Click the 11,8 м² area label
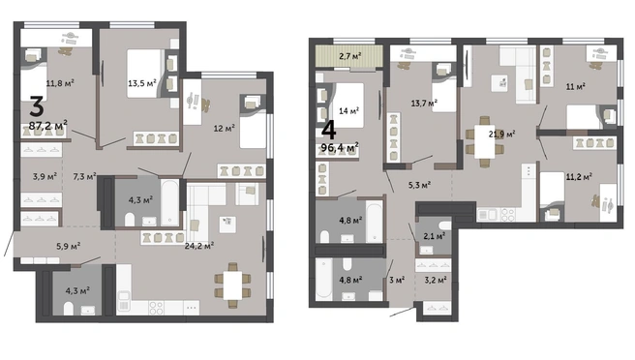pos(60,83)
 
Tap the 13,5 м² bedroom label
pos(142,83)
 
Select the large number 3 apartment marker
pos(37,106)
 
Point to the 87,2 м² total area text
pos(47,125)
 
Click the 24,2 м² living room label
pos(199,245)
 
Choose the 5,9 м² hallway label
pos(68,246)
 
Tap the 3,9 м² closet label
pos(45,176)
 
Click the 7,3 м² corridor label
pos(84,176)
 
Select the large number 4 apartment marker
pos(328,130)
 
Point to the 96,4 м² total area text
pos(340,147)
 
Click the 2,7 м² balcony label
pos(349,56)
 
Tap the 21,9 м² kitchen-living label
pos(501,134)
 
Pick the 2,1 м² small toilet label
pos(434,236)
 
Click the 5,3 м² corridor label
pos(419,185)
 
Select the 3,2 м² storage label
pos(436,280)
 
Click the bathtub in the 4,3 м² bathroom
pos(169,202)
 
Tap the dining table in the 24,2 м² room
pos(232,285)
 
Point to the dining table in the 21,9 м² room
pos(484,141)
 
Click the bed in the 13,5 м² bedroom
pos(145,74)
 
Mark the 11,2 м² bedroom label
pos(579,176)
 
